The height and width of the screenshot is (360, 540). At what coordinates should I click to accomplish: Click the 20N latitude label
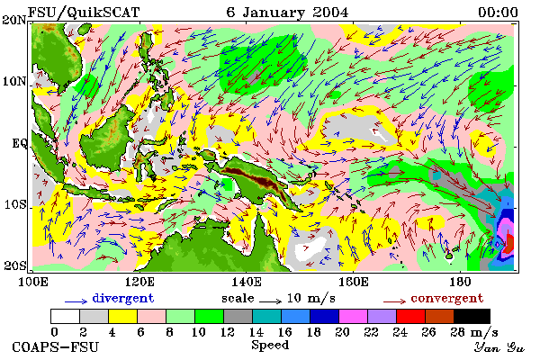14,20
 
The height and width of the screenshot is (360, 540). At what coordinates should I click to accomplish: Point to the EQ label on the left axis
19,143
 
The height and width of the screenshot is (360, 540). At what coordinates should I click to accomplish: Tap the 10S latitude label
15,204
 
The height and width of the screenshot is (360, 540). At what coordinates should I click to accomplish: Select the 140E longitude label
247,282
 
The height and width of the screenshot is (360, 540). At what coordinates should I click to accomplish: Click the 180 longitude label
460,282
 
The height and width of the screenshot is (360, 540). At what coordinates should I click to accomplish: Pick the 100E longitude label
33,282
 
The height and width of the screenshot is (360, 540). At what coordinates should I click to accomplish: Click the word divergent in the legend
123,298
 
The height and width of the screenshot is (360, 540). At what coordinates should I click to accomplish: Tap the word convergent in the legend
447,298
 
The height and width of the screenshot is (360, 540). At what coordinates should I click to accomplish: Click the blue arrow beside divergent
76,301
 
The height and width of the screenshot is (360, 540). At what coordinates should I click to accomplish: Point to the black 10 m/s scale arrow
270,301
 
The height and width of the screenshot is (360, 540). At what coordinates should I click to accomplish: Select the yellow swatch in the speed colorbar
122,316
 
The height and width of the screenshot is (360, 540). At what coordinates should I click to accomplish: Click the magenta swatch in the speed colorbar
353,316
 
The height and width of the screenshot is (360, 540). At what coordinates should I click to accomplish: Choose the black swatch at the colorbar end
472,316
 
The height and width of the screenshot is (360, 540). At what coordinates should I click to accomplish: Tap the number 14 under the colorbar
256,332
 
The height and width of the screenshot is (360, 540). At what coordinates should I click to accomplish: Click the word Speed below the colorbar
270,345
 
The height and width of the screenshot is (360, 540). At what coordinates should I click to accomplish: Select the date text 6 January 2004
287,13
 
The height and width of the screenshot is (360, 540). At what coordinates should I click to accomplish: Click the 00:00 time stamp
498,13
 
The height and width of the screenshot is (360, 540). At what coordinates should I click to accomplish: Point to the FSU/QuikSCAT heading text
84,13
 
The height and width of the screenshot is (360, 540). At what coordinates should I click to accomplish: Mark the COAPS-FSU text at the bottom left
56,346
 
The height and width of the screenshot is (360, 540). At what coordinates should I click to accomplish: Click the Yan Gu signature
499,347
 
